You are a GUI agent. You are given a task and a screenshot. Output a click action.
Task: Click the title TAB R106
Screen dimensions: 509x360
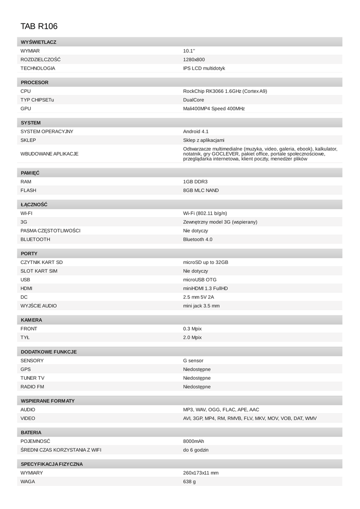(36, 26)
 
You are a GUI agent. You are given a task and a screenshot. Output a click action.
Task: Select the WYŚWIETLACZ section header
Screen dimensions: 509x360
(38, 42)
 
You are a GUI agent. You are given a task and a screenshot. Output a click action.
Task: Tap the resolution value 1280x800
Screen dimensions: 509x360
(194, 60)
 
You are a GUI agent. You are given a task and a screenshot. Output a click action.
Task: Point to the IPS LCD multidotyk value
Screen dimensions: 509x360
(204, 68)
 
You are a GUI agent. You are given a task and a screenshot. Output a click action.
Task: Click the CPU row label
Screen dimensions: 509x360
(25, 91)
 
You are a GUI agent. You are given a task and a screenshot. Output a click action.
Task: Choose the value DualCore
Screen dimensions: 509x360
(193, 100)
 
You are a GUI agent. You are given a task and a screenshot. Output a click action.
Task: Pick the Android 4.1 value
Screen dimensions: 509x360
(196, 131)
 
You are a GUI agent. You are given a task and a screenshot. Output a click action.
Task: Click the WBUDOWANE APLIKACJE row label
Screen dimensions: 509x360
(49, 154)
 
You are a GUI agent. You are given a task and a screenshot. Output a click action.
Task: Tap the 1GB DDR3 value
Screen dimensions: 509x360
(195, 181)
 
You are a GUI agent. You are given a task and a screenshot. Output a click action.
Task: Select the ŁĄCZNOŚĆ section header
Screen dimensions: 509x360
(34, 204)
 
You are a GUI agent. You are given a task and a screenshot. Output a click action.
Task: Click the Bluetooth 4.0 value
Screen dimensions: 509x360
(197, 239)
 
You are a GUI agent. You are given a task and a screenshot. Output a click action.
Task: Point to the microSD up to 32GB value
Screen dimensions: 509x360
(205, 262)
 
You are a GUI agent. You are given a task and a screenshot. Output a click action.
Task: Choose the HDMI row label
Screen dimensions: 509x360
(26, 288)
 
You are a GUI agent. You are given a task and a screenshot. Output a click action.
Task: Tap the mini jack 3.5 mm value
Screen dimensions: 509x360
(201, 306)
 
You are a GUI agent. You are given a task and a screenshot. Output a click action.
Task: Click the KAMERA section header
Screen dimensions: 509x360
(31, 320)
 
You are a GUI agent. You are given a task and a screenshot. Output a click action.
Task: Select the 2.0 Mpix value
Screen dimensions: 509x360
(192, 338)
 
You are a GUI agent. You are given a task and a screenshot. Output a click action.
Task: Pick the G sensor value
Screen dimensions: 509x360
(193, 360)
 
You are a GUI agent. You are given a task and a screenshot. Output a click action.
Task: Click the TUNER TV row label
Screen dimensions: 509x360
(32, 378)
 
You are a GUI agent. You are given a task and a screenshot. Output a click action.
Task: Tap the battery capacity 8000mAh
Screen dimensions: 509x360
(193, 441)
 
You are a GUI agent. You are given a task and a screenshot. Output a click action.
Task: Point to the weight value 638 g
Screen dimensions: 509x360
(189, 482)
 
